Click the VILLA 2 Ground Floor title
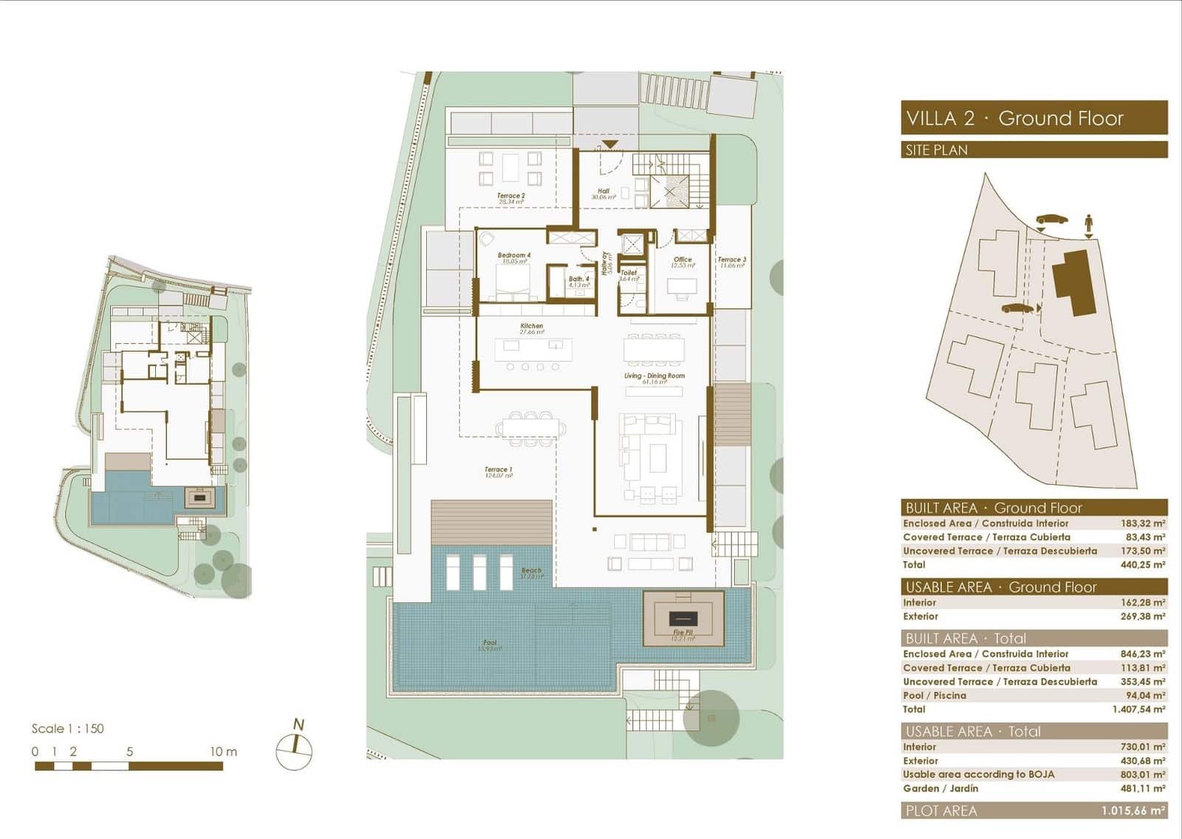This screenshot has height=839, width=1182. point(1014,118)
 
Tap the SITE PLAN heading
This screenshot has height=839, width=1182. point(936,150)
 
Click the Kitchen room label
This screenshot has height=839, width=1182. point(531,326)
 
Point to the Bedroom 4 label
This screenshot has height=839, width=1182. point(513,256)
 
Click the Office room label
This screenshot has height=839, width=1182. point(682,260)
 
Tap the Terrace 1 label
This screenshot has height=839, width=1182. point(498,470)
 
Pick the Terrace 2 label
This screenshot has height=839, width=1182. point(510,197)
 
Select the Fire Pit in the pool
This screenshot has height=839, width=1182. point(683,618)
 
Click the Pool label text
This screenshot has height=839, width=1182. point(489,643)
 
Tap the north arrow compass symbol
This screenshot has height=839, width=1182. point(295,748)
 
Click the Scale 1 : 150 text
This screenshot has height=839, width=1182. point(67,729)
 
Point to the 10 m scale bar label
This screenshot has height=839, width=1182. point(223,752)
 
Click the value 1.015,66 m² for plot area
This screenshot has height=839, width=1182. point(1133,811)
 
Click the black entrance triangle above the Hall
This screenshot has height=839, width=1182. point(609,144)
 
